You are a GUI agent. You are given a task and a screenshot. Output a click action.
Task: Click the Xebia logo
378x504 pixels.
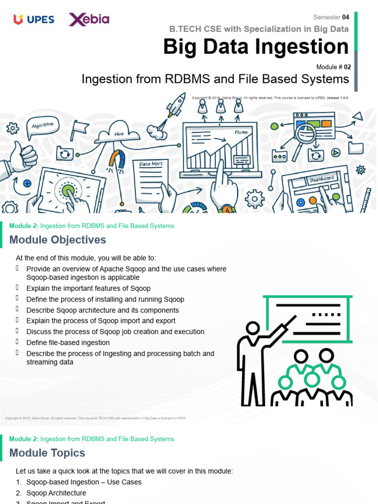(89, 20)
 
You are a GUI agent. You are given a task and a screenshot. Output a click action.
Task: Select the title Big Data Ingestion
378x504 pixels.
(256, 47)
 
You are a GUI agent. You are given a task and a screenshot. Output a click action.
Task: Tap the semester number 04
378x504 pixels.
(346, 17)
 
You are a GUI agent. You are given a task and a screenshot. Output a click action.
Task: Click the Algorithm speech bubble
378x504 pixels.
(43, 126)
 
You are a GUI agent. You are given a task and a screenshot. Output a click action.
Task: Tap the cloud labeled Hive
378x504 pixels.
(119, 133)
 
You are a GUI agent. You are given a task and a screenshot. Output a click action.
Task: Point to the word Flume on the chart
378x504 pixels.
(241, 132)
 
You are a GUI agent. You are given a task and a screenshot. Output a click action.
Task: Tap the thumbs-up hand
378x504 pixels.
(22, 156)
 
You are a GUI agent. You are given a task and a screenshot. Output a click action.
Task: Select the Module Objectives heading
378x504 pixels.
(58, 240)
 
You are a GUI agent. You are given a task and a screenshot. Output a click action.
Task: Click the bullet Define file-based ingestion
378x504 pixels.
(68, 343)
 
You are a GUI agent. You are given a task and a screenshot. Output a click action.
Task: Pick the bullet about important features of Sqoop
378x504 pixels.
(88, 288)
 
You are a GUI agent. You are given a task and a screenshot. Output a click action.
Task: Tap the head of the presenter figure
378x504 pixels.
(253, 328)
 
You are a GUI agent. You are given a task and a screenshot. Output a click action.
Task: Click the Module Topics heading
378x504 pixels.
(47, 453)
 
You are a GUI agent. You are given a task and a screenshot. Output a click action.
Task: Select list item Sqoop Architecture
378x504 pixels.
(56, 493)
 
